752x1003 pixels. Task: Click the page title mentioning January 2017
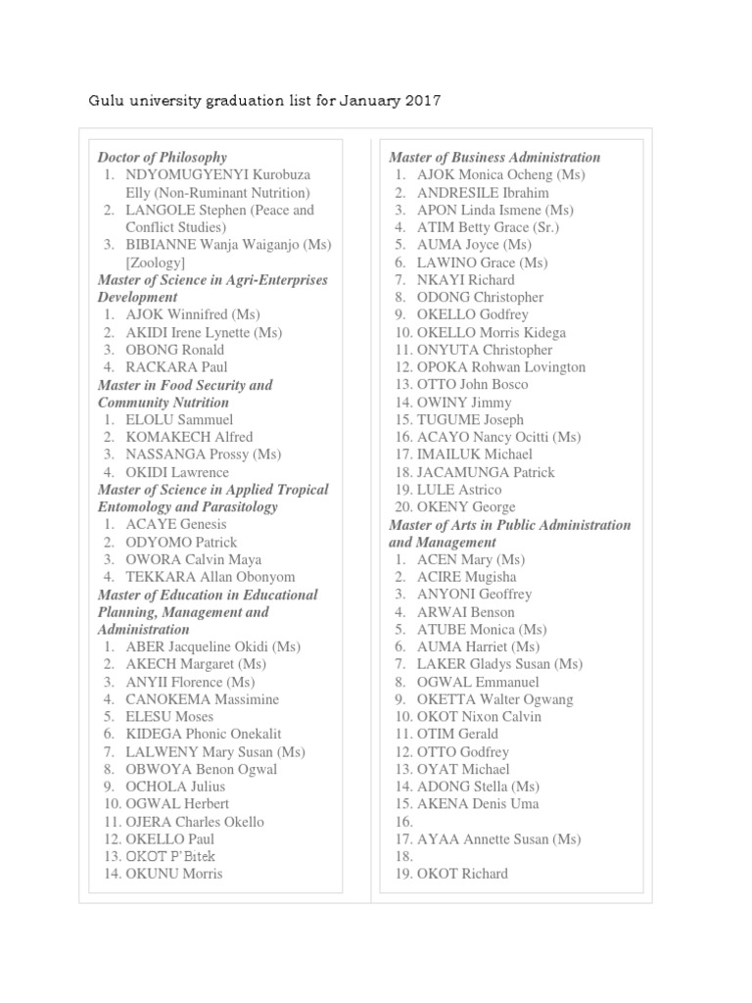tap(264, 100)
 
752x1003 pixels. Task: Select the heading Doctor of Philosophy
tap(162, 157)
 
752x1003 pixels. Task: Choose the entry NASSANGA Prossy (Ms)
tap(203, 454)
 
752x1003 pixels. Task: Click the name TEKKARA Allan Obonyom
tap(210, 577)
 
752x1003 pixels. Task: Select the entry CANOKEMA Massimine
tap(202, 699)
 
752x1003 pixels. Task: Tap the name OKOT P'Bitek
tap(170, 856)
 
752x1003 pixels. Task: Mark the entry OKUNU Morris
tap(173, 874)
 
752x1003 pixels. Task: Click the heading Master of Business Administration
tap(494, 157)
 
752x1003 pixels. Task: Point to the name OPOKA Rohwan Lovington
tap(501, 367)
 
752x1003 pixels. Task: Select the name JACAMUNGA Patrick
tap(486, 472)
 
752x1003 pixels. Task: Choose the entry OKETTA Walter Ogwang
tap(494, 699)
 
